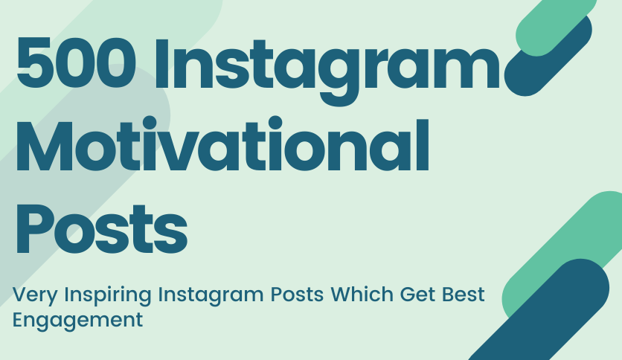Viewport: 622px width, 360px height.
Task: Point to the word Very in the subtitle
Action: (32, 295)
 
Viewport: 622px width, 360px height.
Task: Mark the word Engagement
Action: (77, 320)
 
